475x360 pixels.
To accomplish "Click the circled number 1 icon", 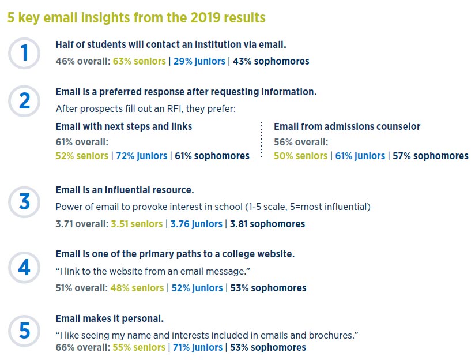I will click(x=24, y=53).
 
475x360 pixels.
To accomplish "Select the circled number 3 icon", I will click(x=24, y=202).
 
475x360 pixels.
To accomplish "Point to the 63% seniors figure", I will click(x=139, y=61).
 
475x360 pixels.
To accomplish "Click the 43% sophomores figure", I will click(x=271, y=61).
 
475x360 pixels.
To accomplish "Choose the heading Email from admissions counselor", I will click(x=347, y=126).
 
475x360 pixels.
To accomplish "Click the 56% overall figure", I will click(x=300, y=142).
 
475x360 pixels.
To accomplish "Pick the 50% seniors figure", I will click(x=300, y=156).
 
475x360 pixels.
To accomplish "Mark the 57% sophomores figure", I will click(x=430, y=156).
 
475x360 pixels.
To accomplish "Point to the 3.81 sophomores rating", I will click(x=267, y=224).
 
